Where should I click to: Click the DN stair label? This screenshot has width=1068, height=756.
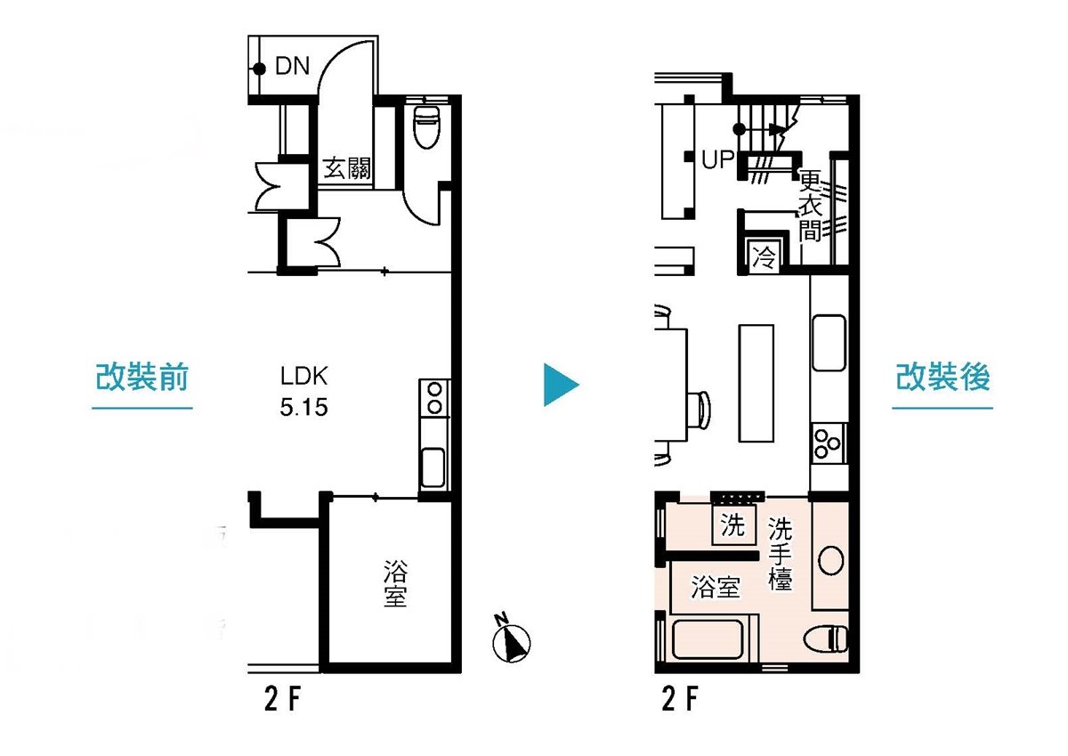pyautogui.click(x=292, y=66)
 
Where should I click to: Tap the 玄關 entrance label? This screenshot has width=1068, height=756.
pyautogui.click(x=346, y=168)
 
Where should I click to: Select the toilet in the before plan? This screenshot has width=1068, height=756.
pyautogui.click(x=426, y=126)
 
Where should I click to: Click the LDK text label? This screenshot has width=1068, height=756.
pyautogui.click(x=303, y=376)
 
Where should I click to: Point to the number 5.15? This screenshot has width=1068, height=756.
pyautogui.click(x=303, y=407)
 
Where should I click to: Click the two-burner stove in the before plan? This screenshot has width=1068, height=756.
pyautogui.click(x=434, y=398)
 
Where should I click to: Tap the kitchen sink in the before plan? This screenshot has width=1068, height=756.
pyautogui.click(x=433, y=467)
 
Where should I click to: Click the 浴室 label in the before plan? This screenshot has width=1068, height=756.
pyautogui.click(x=395, y=584)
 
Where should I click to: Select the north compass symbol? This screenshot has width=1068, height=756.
pyautogui.click(x=511, y=640)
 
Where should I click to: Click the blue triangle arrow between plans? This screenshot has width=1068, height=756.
pyautogui.click(x=559, y=385)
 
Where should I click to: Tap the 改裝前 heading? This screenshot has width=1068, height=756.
pyautogui.click(x=142, y=377)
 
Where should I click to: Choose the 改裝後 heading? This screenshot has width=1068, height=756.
pyautogui.click(x=943, y=377)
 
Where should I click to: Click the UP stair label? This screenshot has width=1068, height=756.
pyautogui.click(x=717, y=159)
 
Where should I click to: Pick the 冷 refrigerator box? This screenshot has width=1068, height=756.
pyautogui.click(x=764, y=257)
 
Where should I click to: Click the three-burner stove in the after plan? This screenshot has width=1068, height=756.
pyautogui.click(x=827, y=443)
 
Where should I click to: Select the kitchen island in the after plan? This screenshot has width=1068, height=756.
pyautogui.click(x=756, y=384)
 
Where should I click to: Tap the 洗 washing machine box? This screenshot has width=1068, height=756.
pyautogui.click(x=732, y=525)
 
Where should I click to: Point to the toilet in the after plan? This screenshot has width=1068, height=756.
pyautogui.click(x=825, y=638)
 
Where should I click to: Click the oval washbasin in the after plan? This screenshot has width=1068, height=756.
pyautogui.click(x=830, y=560)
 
